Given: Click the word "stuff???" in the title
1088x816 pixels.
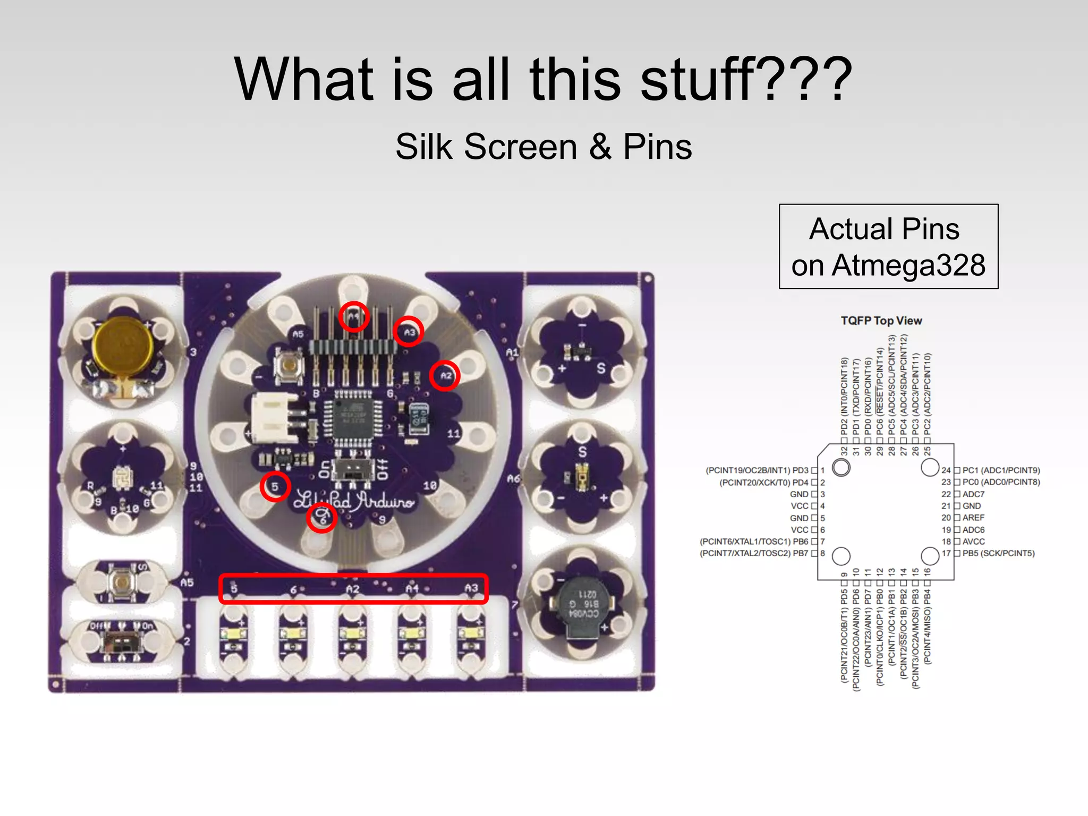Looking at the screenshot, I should click(x=746, y=80).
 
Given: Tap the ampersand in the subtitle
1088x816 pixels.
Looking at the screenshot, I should click(x=600, y=147).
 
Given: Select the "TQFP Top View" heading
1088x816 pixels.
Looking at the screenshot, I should click(x=881, y=320).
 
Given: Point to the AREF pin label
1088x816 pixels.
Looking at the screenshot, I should click(x=973, y=517).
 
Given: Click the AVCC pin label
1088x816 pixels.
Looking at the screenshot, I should click(x=973, y=541).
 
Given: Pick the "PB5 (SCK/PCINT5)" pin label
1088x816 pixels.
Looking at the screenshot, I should click(x=998, y=553).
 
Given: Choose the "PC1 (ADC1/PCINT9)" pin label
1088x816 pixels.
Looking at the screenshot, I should click(x=1001, y=470).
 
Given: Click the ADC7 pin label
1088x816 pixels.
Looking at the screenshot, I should click(x=973, y=494).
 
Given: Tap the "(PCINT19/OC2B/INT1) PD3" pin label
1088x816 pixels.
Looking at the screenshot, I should click(x=756, y=470).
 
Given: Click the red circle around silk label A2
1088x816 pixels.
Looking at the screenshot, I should click(x=445, y=376).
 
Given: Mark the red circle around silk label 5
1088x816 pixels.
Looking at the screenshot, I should click(x=275, y=486).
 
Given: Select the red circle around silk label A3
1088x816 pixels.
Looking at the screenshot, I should click(x=409, y=332).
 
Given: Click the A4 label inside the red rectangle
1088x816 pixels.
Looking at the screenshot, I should click(x=412, y=589).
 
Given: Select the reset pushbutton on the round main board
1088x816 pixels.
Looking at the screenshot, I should click(x=289, y=365).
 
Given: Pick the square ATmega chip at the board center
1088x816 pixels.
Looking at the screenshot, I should click(x=352, y=417).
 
